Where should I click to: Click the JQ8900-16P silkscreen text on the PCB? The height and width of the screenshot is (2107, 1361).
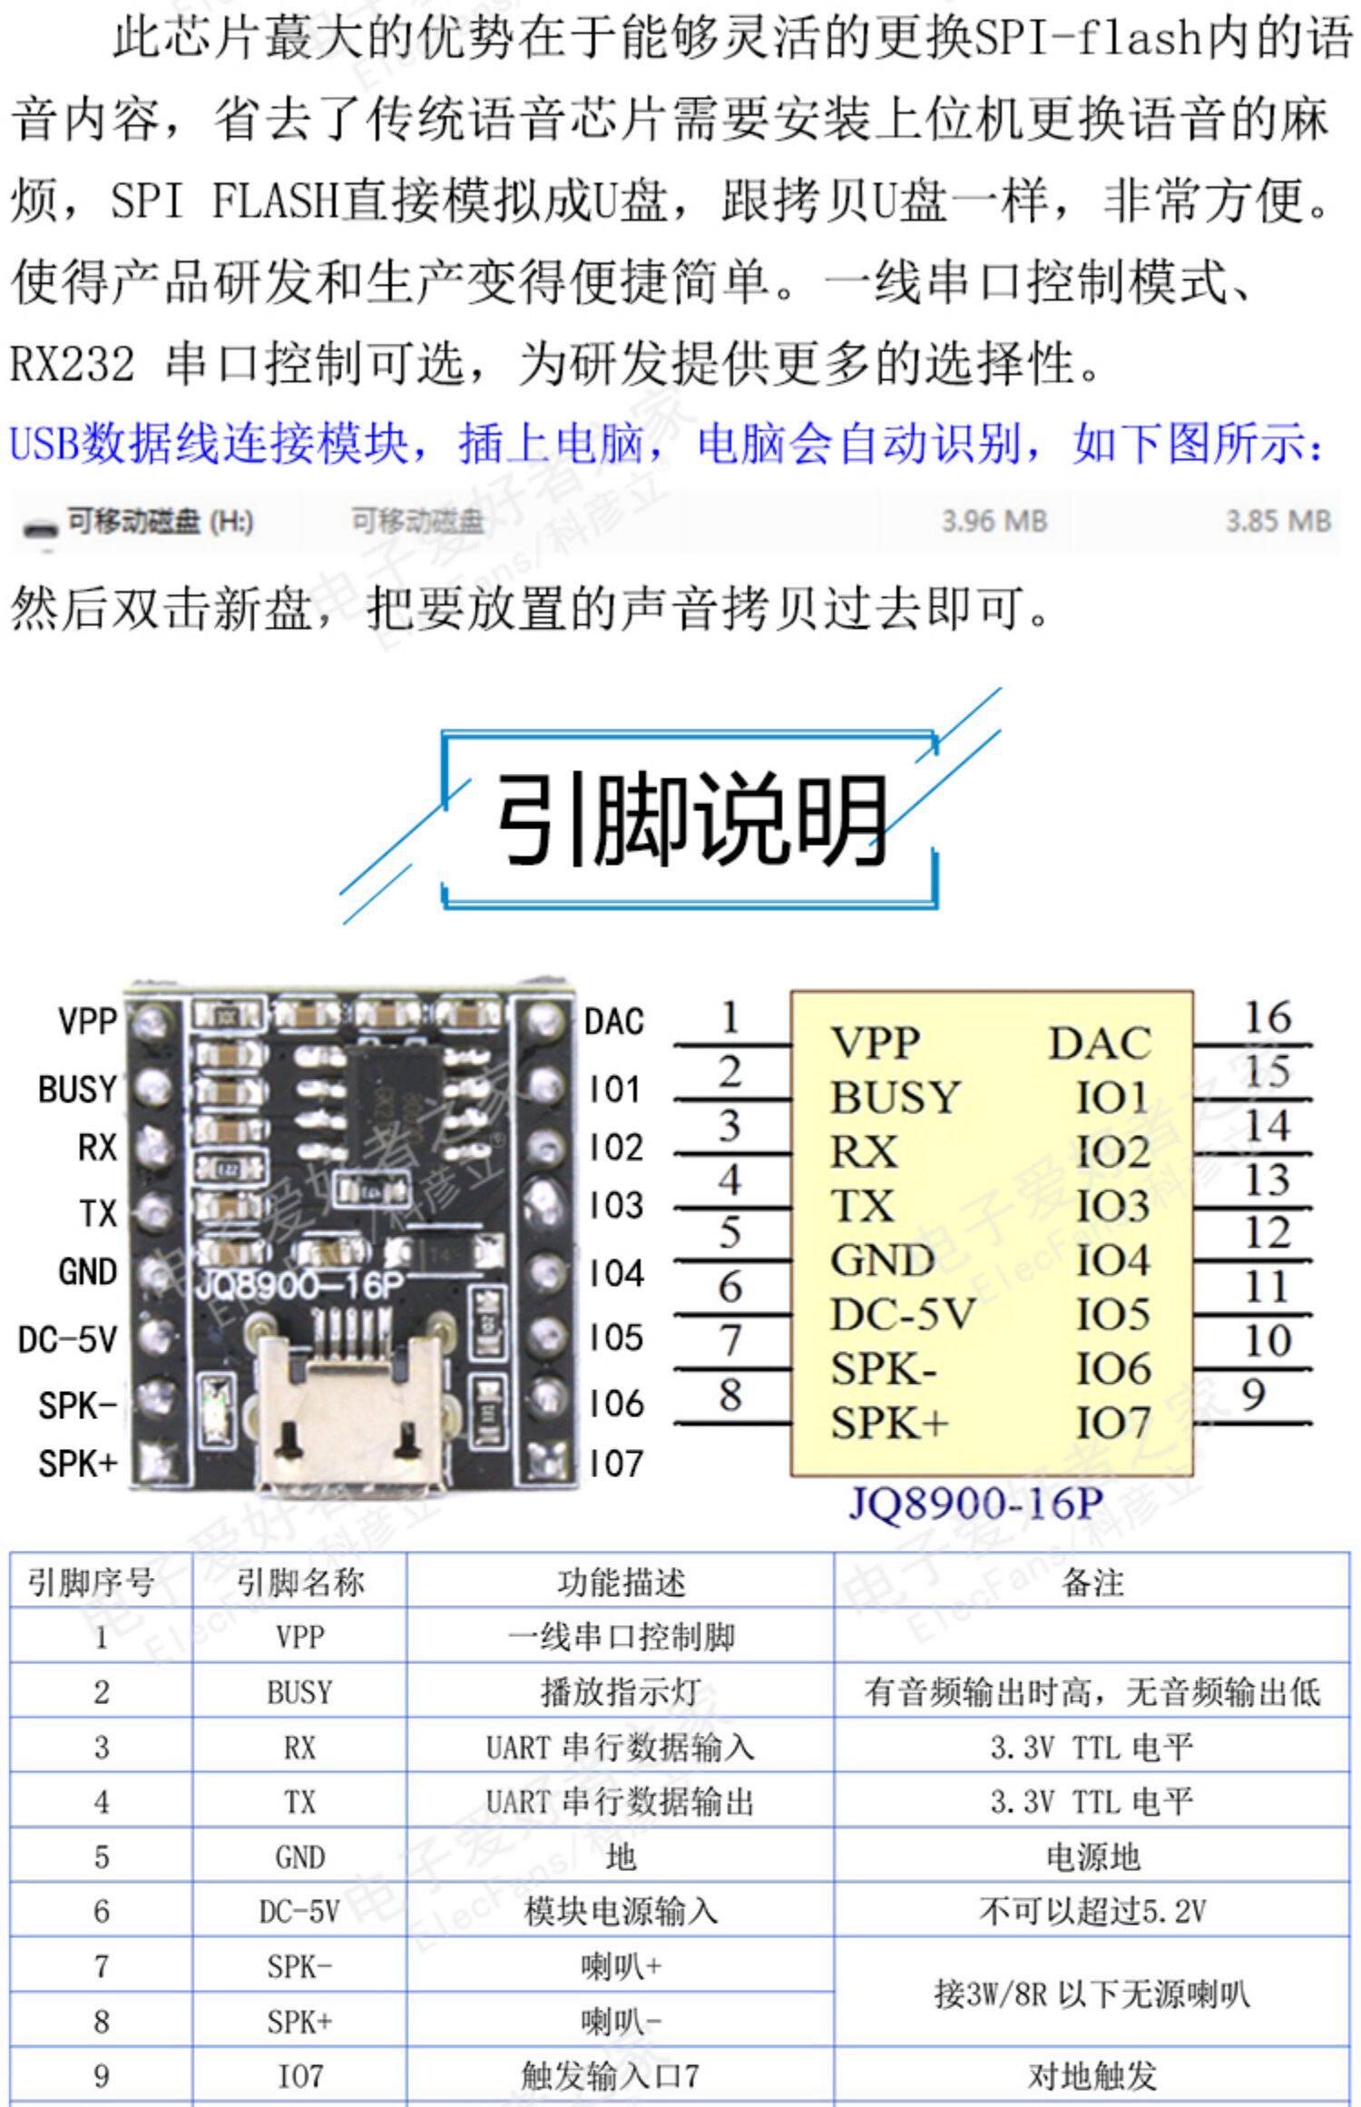pos(299,1284)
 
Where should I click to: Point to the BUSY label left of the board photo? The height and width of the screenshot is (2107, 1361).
pos(78,1089)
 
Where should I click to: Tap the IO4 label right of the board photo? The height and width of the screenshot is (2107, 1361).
pos(616,1273)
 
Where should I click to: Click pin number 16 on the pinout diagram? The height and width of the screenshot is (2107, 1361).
pos(1267,1017)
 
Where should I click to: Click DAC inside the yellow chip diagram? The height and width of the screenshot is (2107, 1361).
pos(1100,1044)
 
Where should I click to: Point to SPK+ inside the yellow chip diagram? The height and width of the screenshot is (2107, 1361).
pos(889,1423)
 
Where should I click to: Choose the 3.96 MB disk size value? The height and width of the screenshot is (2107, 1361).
pos(994,522)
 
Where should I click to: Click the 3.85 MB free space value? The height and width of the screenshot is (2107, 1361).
pos(1278,522)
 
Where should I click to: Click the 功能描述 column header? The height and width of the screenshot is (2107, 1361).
pos(621,1583)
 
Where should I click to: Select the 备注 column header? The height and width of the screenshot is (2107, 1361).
pos(1092,1583)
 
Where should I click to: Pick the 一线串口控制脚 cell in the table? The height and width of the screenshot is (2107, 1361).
pos(621,1637)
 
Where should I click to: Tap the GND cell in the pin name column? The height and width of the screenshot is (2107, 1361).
pos(299,1857)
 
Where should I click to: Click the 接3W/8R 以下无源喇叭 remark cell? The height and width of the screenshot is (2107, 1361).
pos(1092,1994)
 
